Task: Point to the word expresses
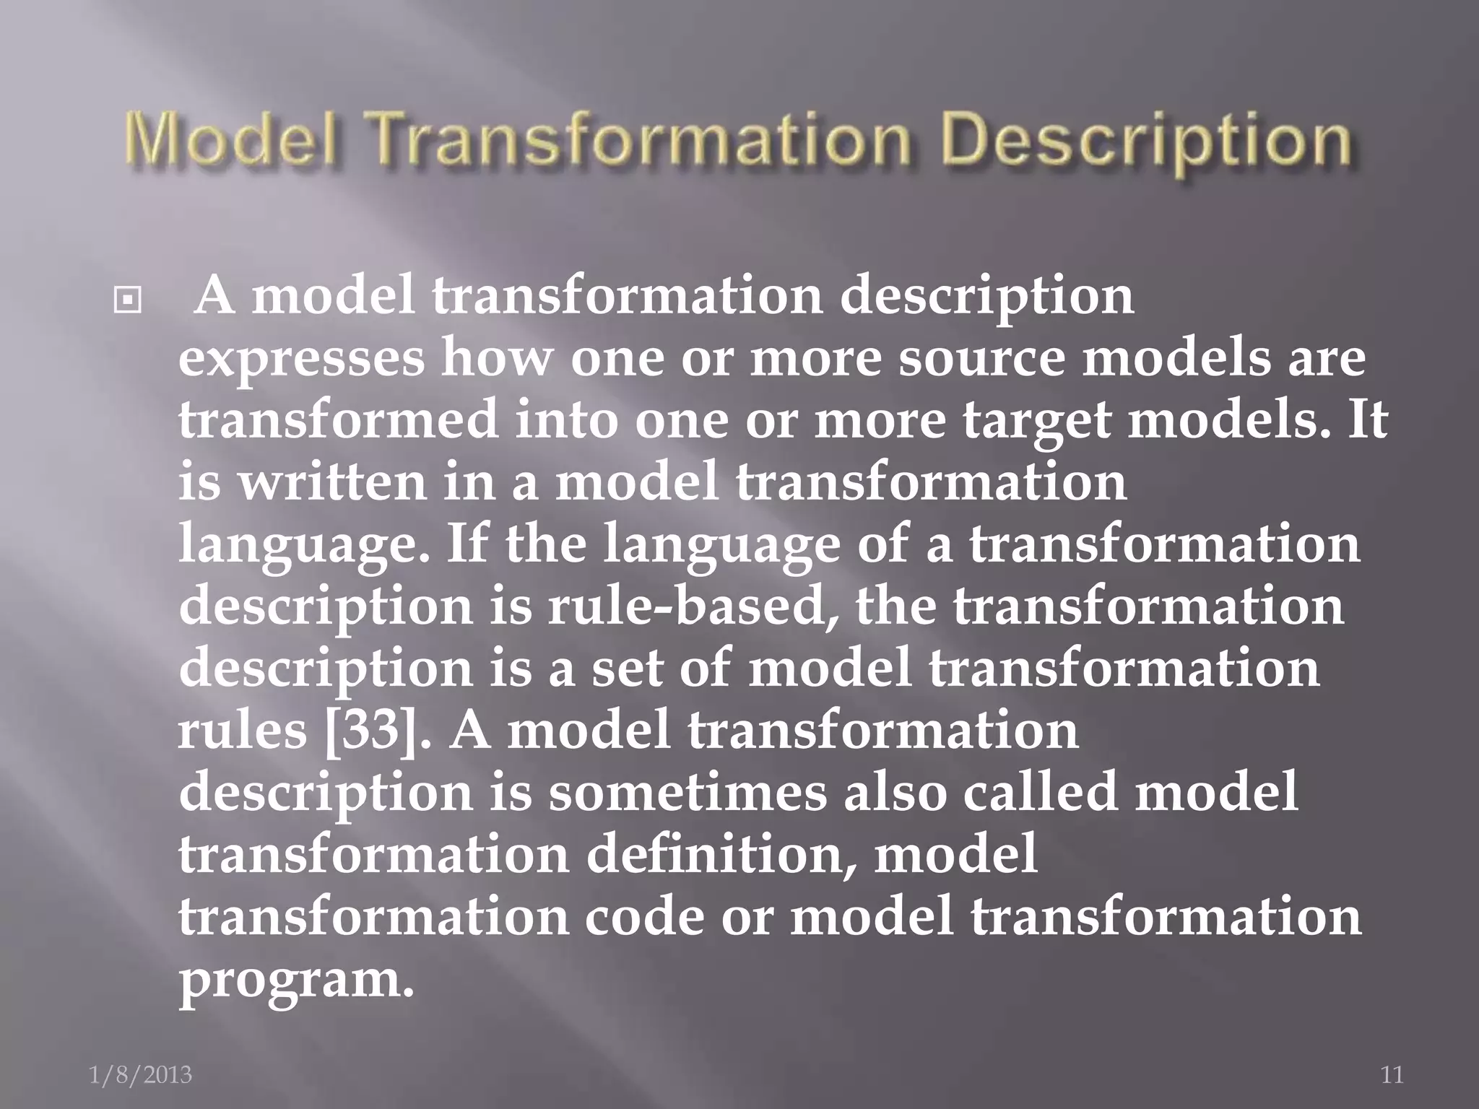(x=302, y=359)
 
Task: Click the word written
(x=332, y=482)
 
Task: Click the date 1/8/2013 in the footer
(x=141, y=1075)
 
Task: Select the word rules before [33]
(x=243, y=731)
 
